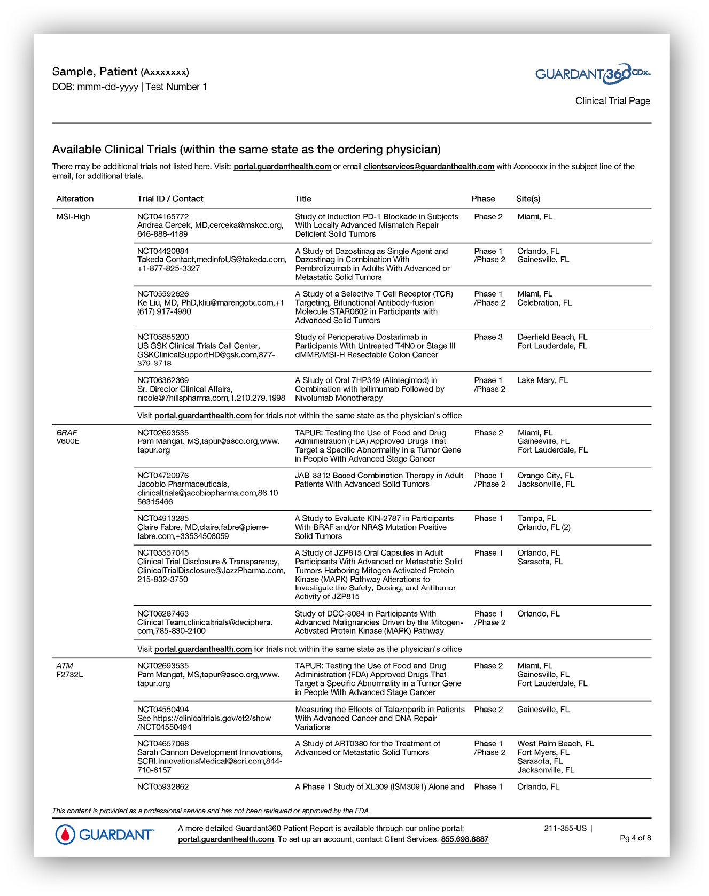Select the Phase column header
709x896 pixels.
point(483,199)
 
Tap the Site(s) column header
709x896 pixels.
point(528,199)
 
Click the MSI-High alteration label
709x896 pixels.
point(73,216)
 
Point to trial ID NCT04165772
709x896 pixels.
point(163,216)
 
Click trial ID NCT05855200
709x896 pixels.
point(163,337)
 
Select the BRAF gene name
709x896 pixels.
point(67,433)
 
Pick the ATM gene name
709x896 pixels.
point(65,666)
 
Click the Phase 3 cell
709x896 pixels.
point(488,337)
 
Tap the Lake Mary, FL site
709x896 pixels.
point(543,380)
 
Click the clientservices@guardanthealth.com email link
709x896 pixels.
point(429,167)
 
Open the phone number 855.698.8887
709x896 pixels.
point(464,839)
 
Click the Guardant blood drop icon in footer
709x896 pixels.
point(65,835)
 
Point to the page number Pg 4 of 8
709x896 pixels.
point(635,838)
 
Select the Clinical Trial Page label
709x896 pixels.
point(612,101)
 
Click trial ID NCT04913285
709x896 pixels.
point(163,518)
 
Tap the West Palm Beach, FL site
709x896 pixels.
point(556,744)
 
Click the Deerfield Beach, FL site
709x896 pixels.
point(552,337)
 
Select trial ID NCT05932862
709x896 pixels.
point(163,787)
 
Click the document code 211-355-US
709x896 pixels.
point(565,829)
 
